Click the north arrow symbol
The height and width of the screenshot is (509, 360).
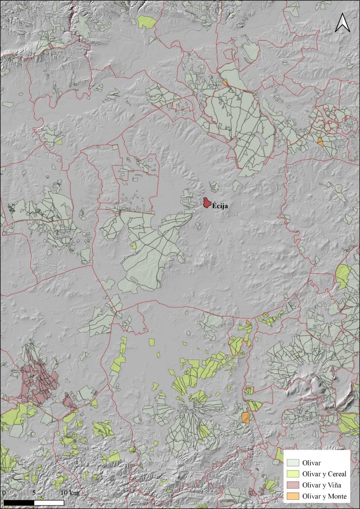point(342,23)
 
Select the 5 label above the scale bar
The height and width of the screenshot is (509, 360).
point(34,492)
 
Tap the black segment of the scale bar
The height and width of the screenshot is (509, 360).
point(19,502)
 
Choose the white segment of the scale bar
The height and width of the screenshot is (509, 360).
point(49,502)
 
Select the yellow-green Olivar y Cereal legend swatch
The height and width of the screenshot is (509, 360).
point(293,474)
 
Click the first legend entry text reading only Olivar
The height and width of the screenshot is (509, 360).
point(311,463)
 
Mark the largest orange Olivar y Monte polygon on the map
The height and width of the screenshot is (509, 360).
point(245,417)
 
